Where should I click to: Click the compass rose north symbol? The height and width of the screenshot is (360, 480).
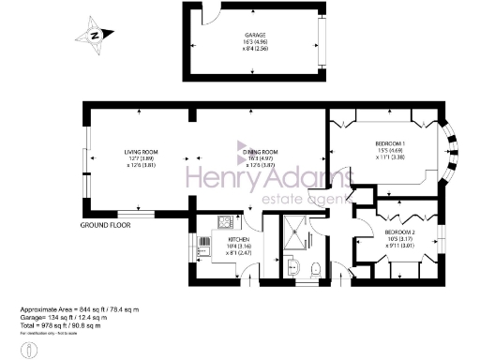[95, 35]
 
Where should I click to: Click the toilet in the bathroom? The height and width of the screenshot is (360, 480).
[315, 268]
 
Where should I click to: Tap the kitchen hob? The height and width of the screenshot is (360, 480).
[225, 222]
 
